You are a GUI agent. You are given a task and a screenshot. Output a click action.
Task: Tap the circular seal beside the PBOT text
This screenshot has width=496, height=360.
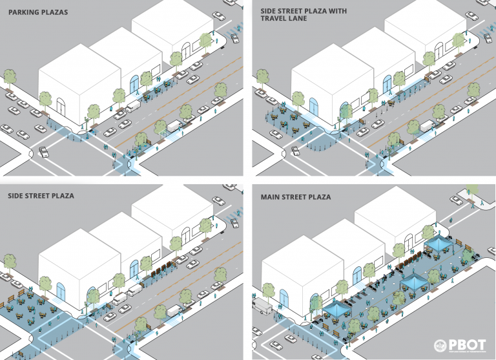439,346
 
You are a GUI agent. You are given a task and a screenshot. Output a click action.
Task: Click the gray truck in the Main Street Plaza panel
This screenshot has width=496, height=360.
264,306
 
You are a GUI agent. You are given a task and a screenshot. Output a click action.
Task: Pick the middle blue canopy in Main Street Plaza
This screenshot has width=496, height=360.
413,282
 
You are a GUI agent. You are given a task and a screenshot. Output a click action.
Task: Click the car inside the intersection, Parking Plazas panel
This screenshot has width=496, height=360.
45,152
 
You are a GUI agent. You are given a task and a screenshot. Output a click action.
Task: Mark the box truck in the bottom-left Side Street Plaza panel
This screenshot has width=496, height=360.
175,311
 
